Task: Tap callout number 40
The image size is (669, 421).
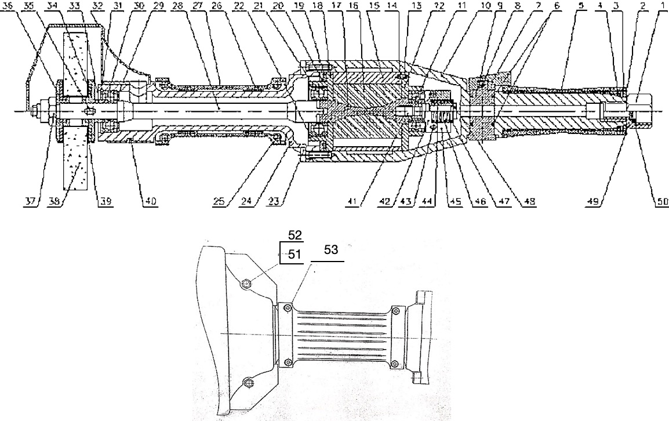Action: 150,201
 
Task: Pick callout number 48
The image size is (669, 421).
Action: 530,201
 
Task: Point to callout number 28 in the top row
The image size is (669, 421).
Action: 177,5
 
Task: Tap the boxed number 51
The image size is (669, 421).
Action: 296,253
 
